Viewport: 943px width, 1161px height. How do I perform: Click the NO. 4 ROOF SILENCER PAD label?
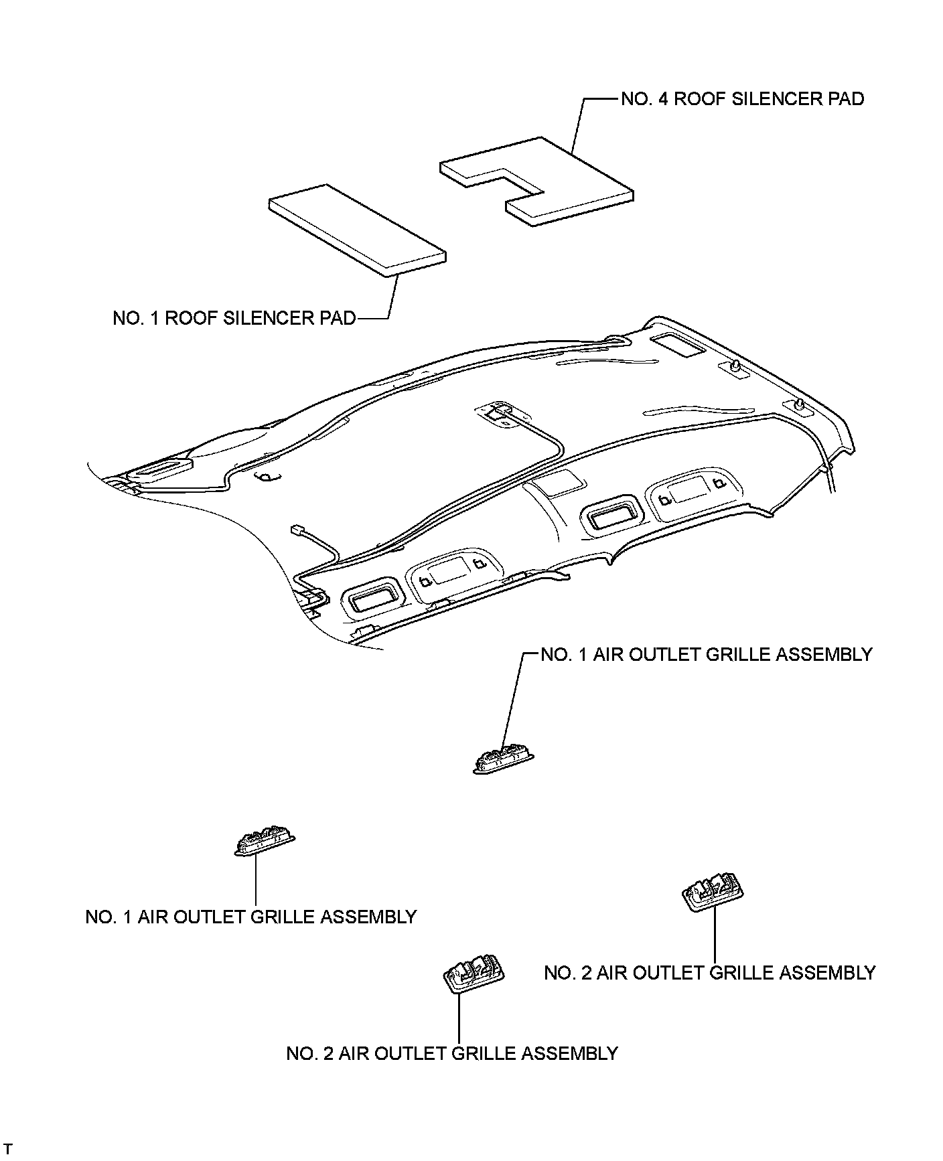(x=742, y=99)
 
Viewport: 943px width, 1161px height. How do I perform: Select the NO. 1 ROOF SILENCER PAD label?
(x=234, y=317)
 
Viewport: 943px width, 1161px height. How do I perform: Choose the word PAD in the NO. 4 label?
(x=845, y=99)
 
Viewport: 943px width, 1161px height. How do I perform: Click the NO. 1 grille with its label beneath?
(x=265, y=840)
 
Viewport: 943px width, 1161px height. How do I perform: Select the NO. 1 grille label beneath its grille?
(x=251, y=917)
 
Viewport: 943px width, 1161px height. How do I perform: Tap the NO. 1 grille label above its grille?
(x=706, y=654)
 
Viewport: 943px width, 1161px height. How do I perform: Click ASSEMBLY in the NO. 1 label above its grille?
(x=823, y=654)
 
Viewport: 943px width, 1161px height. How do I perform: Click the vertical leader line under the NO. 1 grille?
(x=256, y=880)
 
